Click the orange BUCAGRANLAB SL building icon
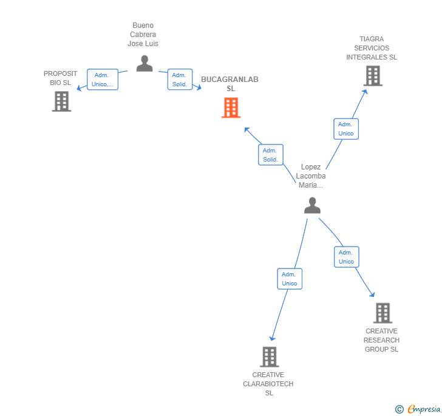(231, 108)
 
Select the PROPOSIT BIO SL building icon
(61, 101)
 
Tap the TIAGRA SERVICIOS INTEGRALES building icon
(372, 76)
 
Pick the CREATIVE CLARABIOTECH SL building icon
(269, 356)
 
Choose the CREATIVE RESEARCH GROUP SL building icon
(382, 313)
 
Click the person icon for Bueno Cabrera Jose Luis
(144, 63)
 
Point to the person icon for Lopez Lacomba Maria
(312, 205)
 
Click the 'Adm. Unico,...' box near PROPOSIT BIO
(103, 80)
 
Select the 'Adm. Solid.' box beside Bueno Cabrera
(180, 80)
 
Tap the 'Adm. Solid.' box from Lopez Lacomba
(270, 155)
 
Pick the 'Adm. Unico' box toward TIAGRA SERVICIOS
(346, 129)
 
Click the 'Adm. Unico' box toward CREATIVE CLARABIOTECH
(290, 279)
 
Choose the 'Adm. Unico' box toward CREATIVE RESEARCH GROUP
(346, 257)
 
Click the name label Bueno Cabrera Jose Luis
(143, 35)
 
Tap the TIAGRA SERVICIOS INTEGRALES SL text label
(372, 48)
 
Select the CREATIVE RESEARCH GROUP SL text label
(381, 340)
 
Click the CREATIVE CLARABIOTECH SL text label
(268, 384)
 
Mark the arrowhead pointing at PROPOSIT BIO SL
(78, 89)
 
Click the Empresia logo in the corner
(418, 409)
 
